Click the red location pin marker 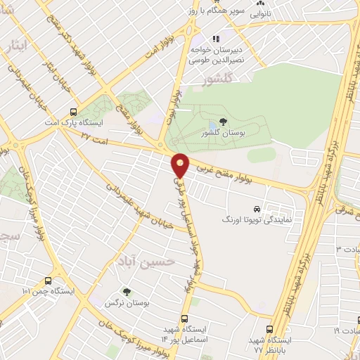pos(181,165)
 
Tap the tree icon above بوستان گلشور pos(223,122)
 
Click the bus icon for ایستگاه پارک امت pos(74,111)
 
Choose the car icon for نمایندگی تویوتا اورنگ pos(257,209)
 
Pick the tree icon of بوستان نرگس pos(127,291)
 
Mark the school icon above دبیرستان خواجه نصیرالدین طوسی pos(217,39)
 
